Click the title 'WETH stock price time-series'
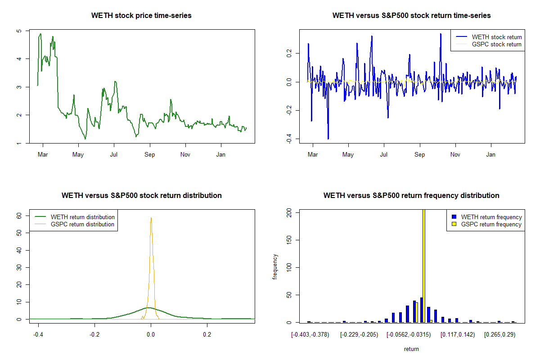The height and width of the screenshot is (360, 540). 141,16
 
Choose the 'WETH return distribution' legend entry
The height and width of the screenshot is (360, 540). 82,217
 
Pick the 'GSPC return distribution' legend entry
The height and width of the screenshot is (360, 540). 82,224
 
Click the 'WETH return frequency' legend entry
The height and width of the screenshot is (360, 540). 491,217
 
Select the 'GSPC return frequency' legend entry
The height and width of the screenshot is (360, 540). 491,224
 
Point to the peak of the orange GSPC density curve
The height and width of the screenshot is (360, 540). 151,218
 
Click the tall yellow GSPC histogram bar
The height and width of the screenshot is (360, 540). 424,265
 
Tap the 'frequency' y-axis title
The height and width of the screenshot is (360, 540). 275,266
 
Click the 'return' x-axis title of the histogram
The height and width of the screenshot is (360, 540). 411,349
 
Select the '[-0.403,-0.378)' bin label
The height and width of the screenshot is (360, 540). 310,335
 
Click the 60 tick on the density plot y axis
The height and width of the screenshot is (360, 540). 19,216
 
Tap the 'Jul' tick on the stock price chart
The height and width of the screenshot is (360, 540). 114,155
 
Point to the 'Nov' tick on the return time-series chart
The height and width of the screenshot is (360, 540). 455,155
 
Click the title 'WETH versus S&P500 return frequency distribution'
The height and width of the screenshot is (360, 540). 411,196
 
